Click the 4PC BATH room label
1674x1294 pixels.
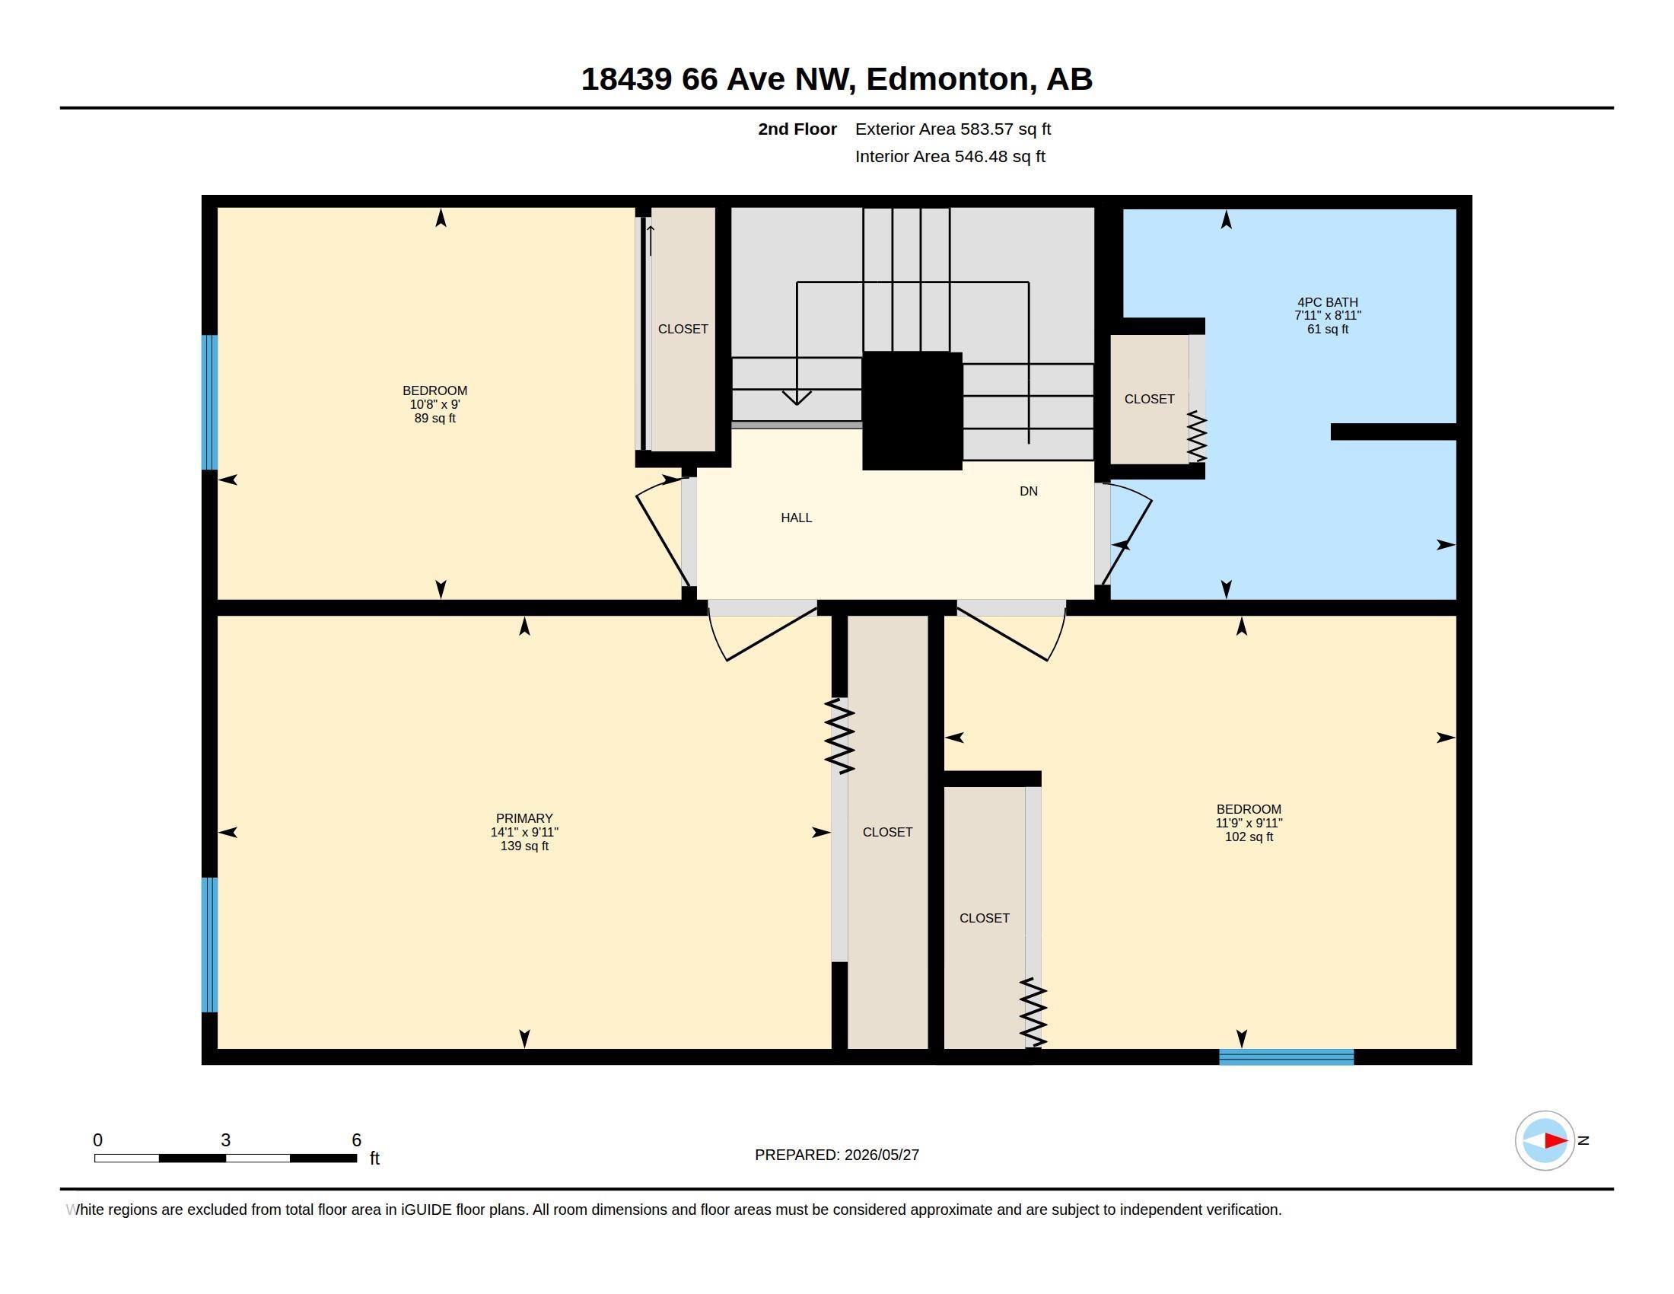[1328, 302]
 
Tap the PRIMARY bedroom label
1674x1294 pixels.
[524, 818]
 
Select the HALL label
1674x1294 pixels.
[797, 518]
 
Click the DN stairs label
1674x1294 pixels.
[1029, 491]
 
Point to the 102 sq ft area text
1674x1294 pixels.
[1249, 837]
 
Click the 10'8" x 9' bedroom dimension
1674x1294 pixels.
[434, 404]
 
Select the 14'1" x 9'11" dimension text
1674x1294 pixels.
[524, 832]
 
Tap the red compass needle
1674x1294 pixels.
[1556, 1141]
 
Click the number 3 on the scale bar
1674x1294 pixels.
[225, 1140]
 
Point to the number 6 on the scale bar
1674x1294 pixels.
[356, 1140]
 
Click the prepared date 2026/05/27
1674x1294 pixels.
[881, 1155]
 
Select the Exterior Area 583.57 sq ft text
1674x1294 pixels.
[953, 129]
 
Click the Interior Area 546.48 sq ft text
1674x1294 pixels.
[950, 156]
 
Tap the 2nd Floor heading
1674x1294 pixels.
[797, 129]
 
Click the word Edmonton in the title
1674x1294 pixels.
[947, 79]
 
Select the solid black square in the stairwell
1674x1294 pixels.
[912, 411]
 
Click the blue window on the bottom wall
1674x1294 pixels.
[1286, 1057]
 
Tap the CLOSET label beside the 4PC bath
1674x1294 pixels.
[1149, 399]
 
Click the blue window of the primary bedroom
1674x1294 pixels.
[209, 945]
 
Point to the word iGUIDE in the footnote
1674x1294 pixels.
[426, 1210]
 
